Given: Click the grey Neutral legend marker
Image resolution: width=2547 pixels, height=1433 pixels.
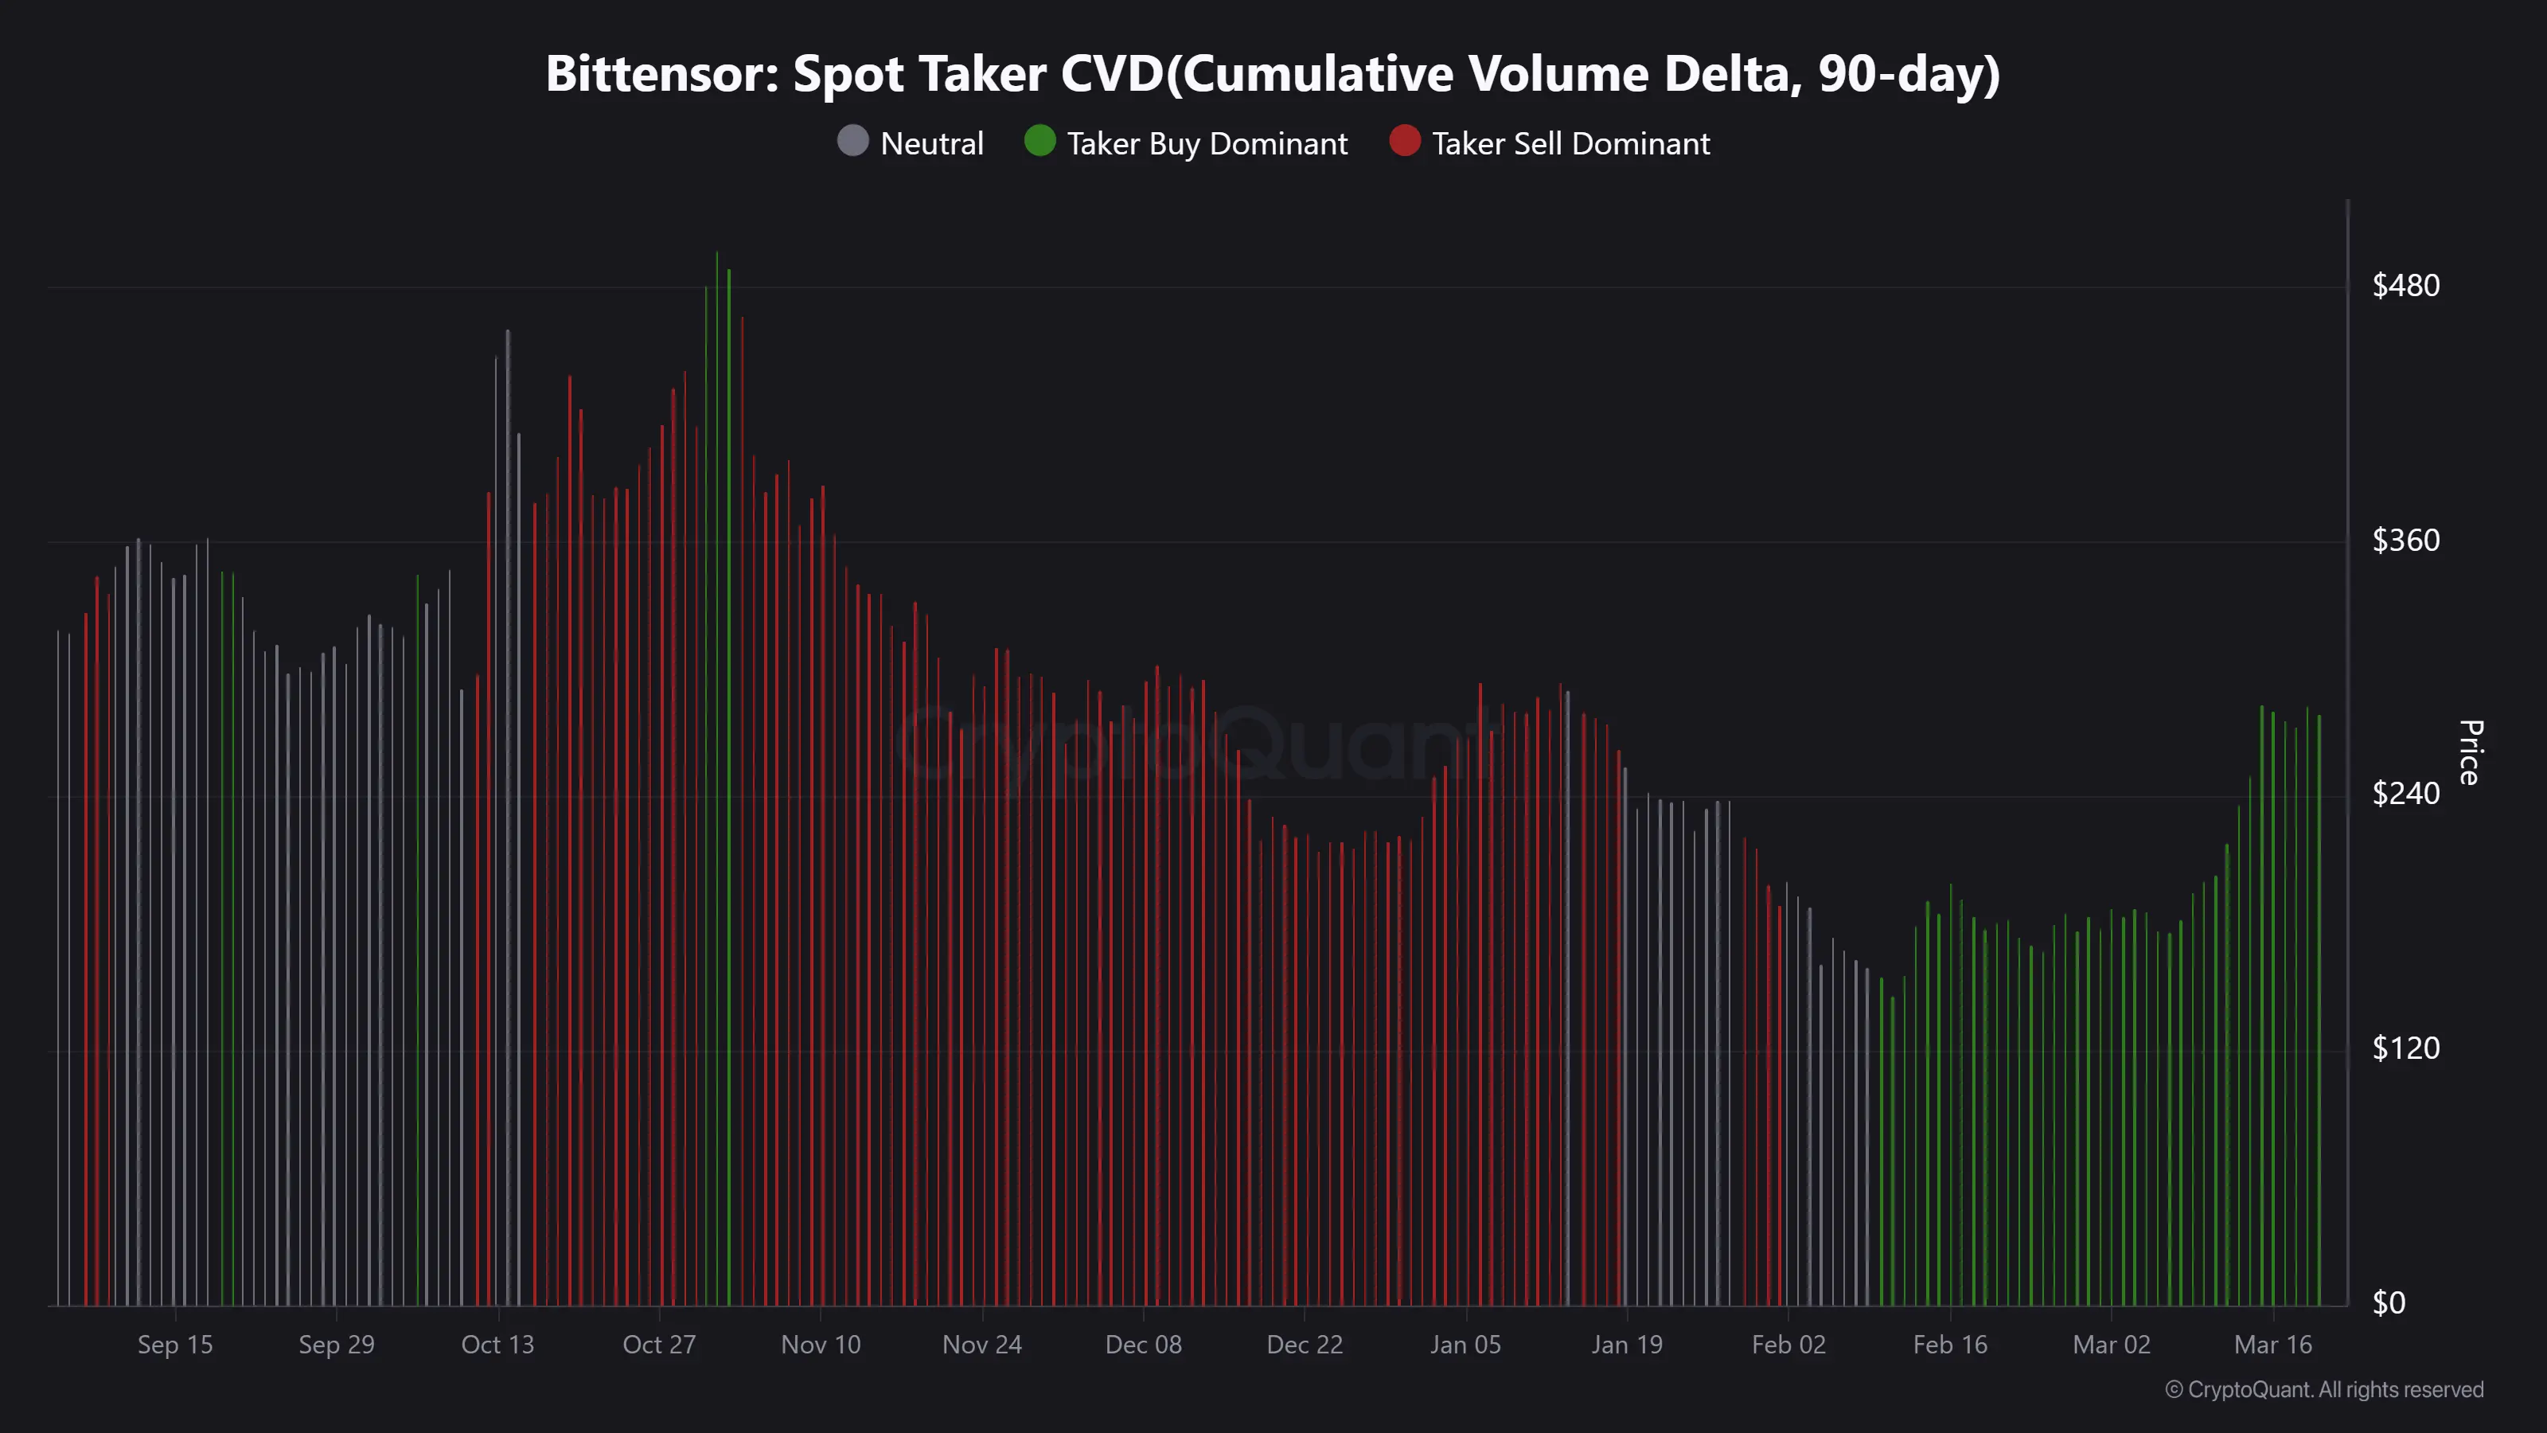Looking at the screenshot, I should (x=852, y=142).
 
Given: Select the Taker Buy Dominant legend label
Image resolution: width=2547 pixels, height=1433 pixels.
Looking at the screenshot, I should (x=1207, y=144).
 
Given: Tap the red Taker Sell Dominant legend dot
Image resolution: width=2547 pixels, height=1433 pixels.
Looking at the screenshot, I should (x=1404, y=142).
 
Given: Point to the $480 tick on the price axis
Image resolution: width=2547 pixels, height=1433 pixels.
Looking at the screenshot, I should (x=2405, y=286).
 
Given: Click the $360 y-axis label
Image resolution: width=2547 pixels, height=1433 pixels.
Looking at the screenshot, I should (x=2405, y=540).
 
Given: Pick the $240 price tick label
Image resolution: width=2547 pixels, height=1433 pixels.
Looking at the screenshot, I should (x=2405, y=793).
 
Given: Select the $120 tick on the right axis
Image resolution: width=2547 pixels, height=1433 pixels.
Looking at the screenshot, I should (x=2405, y=1048).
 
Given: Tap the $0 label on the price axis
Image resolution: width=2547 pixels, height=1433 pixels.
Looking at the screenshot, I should (x=2389, y=1302).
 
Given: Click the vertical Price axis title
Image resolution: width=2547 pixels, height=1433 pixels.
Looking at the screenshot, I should (x=2470, y=752).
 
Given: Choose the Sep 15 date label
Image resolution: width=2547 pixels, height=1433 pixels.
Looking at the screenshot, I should (x=175, y=1345).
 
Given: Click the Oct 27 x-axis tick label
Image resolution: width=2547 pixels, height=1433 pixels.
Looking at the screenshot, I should (x=658, y=1345).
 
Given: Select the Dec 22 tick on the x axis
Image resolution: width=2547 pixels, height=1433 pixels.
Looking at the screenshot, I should (x=1305, y=1345).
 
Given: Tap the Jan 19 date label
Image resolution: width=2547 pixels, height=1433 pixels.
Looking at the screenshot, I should (x=1626, y=1345).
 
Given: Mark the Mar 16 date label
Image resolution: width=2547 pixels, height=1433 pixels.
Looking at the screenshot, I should (x=2273, y=1345).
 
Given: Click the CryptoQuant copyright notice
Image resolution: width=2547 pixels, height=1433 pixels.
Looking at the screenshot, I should (x=2323, y=1389).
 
